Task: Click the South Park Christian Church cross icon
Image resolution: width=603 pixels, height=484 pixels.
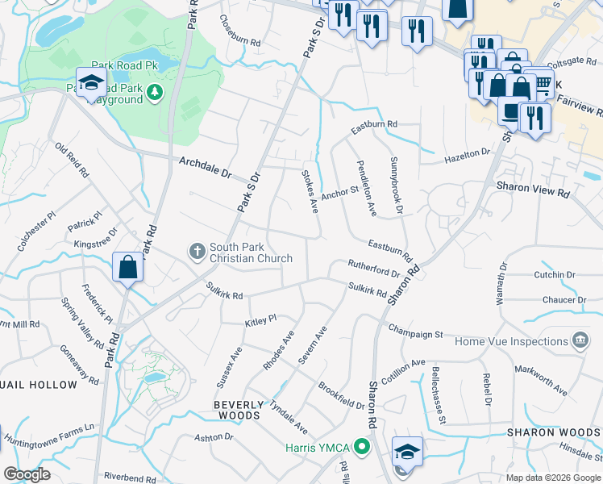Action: tap(197, 252)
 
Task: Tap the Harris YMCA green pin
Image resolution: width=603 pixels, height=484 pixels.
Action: tap(362, 445)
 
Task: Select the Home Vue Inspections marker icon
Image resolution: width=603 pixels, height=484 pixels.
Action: tap(579, 341)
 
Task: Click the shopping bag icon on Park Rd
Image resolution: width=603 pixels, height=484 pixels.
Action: tap(129, 267)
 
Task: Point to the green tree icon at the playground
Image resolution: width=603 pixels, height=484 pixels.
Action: tap(153, 94)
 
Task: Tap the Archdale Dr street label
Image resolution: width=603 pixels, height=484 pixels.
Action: tap(205, 168)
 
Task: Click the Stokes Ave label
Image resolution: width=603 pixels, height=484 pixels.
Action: tap(310, 191)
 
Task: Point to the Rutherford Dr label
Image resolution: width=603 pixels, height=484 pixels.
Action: tap(374, 267)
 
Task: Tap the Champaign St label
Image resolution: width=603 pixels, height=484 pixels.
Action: tap(415, 330)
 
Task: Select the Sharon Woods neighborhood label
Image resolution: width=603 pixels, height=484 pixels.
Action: tap(553, 432)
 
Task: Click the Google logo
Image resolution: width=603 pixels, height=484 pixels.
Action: tap(27, 474)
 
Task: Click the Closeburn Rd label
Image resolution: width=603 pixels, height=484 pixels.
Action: tap(241, 31)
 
